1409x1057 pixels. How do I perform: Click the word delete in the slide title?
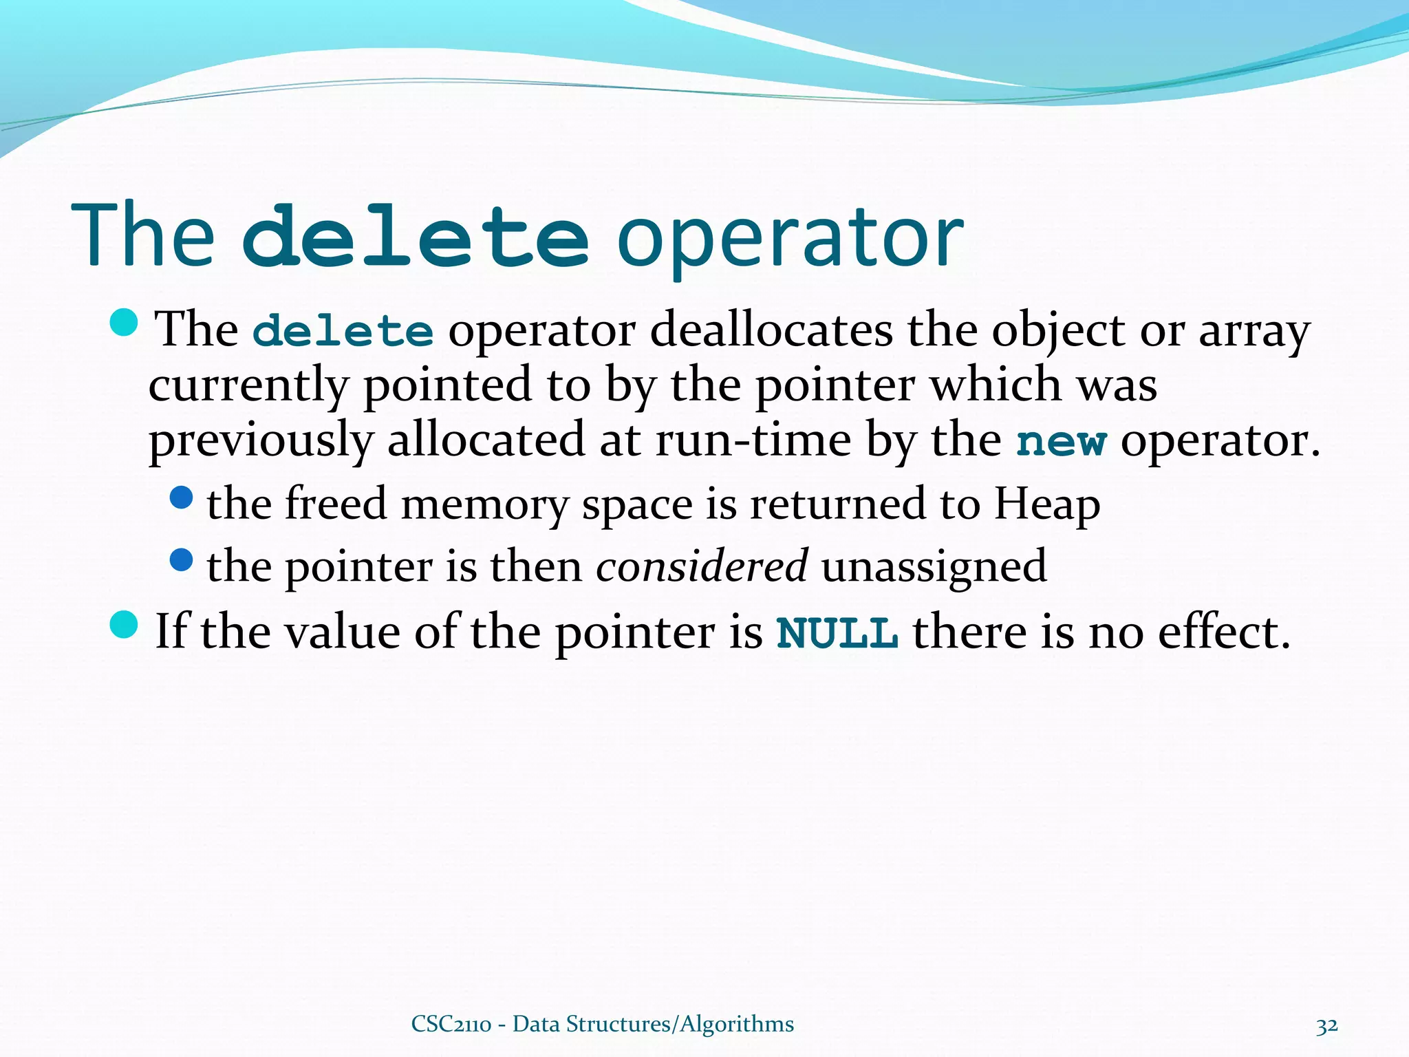pos(415,235)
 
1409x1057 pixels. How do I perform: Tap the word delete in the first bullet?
pos(343,331)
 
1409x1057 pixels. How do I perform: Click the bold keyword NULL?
pos(837,632)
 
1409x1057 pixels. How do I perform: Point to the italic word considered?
pos(701,566)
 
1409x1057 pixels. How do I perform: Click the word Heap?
pos(1046,504)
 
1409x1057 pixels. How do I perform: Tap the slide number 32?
pos(1326,1025)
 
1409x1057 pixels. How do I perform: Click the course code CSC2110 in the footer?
pos(451,1024)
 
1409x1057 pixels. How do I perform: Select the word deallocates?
pos(771,331)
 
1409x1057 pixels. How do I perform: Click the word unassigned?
pos(934,567)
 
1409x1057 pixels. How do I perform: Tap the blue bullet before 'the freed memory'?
pos(181,498)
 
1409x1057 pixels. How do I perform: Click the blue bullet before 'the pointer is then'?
pos(181,559)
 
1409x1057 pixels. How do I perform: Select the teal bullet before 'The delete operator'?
pos(124,322)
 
